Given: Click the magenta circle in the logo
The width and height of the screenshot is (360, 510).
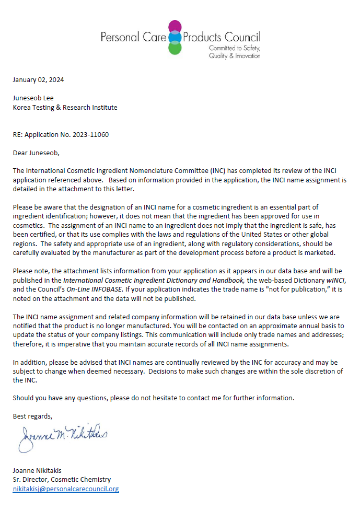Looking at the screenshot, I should point(175,26).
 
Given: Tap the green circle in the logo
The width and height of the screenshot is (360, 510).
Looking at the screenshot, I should point(175,48).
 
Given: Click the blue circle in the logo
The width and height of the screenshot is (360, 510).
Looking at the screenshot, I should point(175,37).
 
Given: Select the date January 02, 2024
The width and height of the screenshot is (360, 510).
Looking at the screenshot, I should point(39,80).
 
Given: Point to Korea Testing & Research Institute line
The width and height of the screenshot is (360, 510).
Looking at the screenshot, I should point(65,108).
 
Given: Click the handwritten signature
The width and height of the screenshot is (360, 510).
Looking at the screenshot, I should point(63,436).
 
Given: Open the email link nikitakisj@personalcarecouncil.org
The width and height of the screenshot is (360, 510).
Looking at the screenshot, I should point(66,489).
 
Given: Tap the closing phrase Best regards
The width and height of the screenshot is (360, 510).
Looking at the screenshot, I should point(33,416).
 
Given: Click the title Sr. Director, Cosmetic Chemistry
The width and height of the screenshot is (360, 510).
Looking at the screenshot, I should point(62,480).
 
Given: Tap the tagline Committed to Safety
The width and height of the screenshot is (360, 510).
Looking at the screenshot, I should point(234,48).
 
